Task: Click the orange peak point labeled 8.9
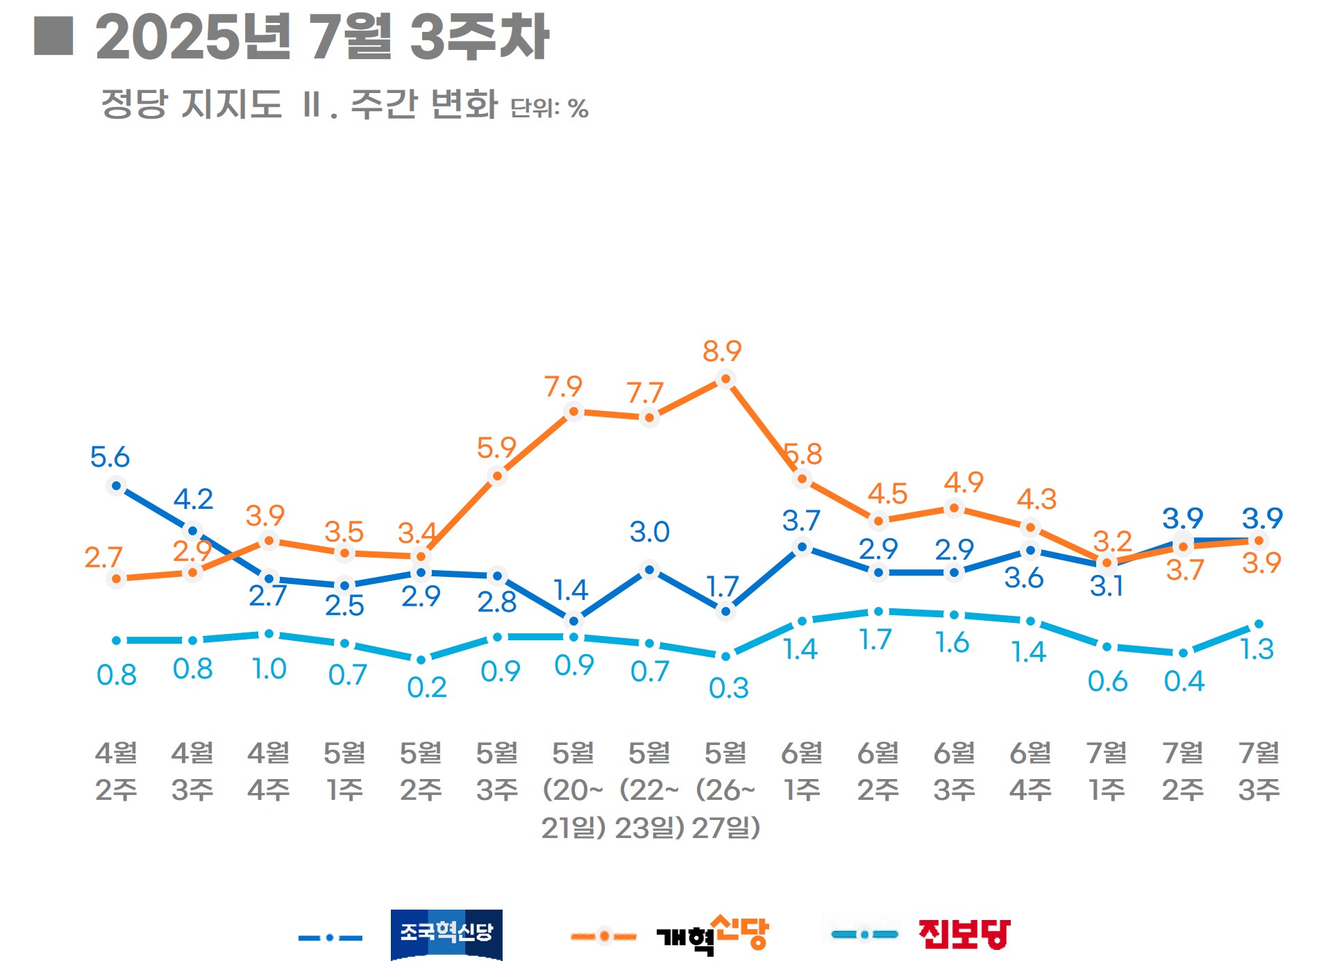pos(725,379)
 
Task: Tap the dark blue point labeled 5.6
pos(117,486)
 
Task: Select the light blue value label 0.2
pos(426,687)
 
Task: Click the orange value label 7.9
pos(563,386)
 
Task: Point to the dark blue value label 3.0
pos(649,532)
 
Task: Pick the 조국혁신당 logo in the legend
pos(446,934)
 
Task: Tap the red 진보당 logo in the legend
pos(964,934)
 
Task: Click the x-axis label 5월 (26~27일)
pos(725,789)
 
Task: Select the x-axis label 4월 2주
pos(116,771)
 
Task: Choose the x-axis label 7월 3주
pos(1259,771)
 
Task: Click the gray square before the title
pos(53,35)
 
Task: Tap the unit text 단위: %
pos(549,108)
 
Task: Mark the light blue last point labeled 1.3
pos(1259,624)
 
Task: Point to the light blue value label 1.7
pos(875,640)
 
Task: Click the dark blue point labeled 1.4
pos(573,619)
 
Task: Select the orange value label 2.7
pos(103,557)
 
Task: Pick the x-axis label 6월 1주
pos(802,771)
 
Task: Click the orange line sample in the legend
pos(603,937)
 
